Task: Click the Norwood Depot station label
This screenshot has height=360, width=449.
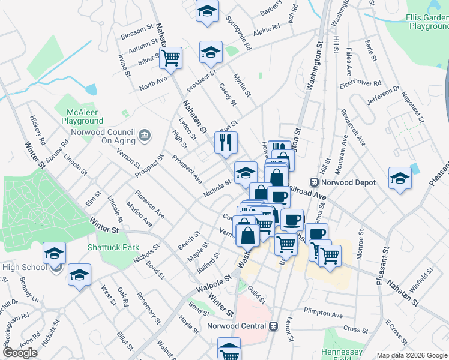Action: pyautogui.click(x=346, y=182)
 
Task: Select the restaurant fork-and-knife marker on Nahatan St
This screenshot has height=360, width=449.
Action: pyautogui.click(x=226, y=143)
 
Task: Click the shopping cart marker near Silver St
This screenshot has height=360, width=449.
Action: pyautogui.click(x=171, y=58)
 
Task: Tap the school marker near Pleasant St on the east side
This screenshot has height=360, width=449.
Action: pyautogui.click(x=400, y=178)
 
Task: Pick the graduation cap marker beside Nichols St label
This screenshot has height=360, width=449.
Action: pyautogui.click(x=245, y=173)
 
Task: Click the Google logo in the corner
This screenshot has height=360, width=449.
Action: pyautogui.click(x=20, y=353)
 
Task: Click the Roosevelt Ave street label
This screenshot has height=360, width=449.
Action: pyautogui.click(x=353, y=127)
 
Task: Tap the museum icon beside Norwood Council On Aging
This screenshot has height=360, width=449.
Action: pyautogui.click(x=145, y=136)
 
